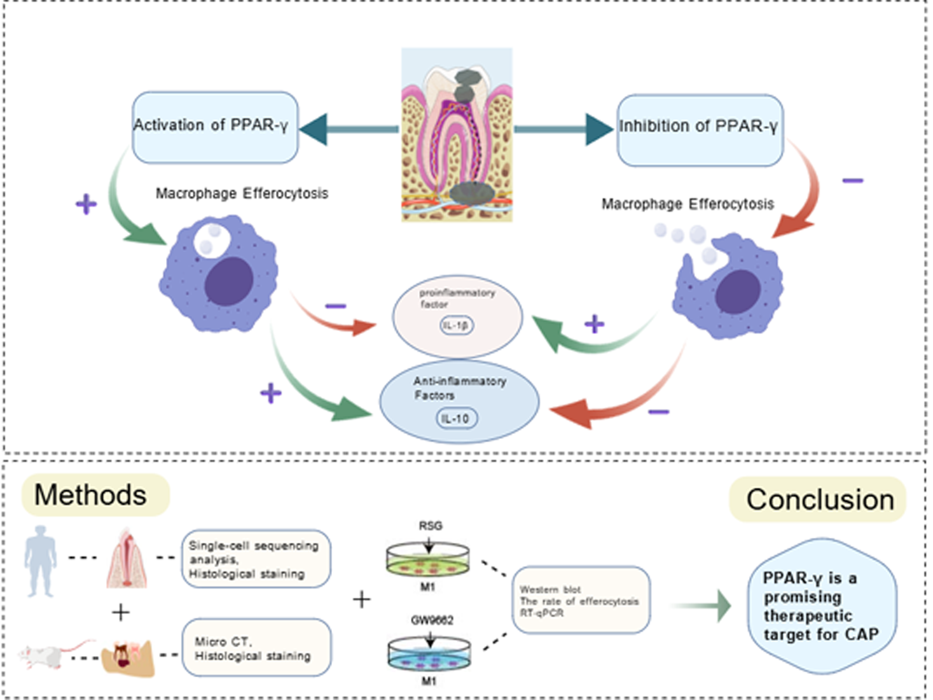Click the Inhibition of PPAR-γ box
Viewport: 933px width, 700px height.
point(700,130)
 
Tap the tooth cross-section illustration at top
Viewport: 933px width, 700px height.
point(457,135)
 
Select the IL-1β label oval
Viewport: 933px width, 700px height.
point(457,326)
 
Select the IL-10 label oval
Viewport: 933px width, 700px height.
point(456,419)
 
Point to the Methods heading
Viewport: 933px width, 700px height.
point(91,495)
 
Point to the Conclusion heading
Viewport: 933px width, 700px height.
point(819,500)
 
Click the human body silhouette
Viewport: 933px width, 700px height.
point(41,560)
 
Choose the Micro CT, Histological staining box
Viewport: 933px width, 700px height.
point(256,648)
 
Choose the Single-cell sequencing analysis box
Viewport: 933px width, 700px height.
point(256,559)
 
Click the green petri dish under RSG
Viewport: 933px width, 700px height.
point(428,560)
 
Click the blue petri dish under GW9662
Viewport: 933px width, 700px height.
point(429,653)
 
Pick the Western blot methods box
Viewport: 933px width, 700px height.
point(581,601)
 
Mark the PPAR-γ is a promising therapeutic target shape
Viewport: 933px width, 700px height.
point(821,606)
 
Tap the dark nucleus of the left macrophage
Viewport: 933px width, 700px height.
point(228,281)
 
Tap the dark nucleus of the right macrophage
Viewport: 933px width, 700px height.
point(738,291)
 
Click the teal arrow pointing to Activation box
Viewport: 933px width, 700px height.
point(349,129)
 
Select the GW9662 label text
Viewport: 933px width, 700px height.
point(432,620)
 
